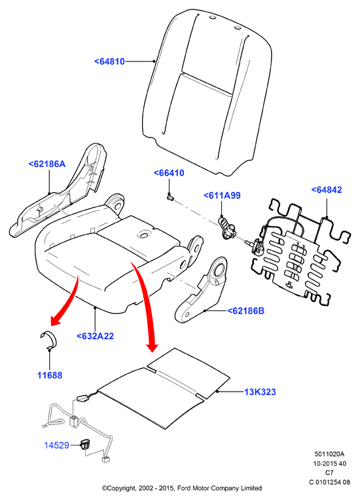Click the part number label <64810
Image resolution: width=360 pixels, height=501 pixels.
(x=109, y=62)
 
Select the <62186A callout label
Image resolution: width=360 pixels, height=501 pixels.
(x=47, y=164)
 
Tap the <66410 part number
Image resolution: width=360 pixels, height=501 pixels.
(x=169, y=173)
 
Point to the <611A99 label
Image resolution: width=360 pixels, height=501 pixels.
(x=222, y=195)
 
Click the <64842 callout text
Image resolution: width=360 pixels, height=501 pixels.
(x=327, y=189)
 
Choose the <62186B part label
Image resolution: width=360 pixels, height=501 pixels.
(x=245, y=310)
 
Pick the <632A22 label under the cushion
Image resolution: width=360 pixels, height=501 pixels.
(x=95, y=336)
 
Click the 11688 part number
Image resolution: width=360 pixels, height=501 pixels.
(x=50, y=375)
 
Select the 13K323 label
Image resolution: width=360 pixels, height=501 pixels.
(x=260, y=392)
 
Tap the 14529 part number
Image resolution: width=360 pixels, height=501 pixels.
(x=56, y=445)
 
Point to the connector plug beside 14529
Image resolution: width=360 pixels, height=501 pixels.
(x=84, y=445)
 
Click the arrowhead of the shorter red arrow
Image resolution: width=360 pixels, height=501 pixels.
(x=55, y=320)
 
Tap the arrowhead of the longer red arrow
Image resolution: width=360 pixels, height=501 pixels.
(x=152, y=346)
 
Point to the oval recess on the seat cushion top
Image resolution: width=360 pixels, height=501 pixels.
(x=145, y=235)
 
